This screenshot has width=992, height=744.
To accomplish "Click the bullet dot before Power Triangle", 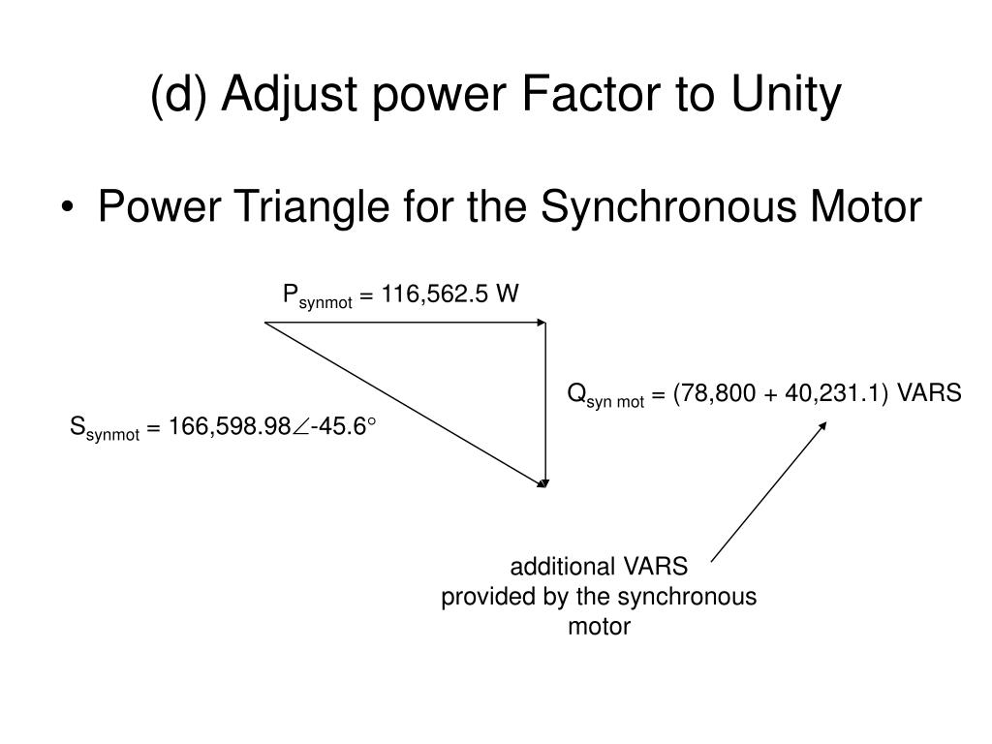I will tap(77, 208).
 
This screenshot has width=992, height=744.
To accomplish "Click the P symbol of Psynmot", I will tap(289, 293).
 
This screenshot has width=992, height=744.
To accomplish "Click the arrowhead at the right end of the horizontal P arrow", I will tap(542, 323).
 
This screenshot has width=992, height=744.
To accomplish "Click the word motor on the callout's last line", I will tap(599, 627).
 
